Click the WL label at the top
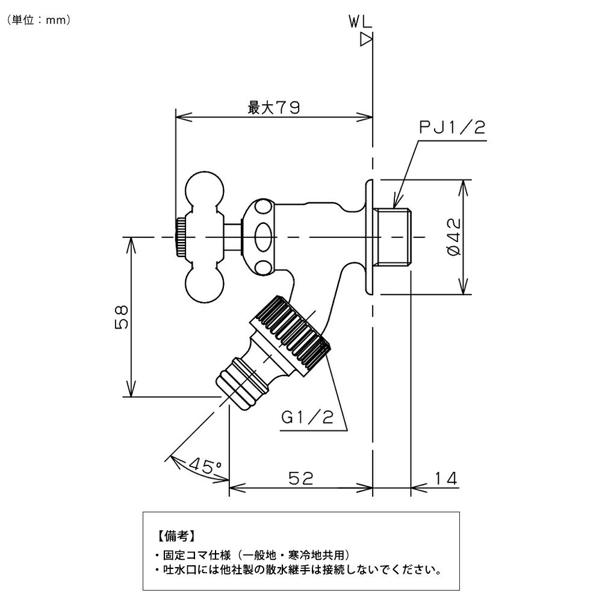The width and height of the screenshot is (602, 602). pos(359,23)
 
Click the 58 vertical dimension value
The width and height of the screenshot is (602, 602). pos(121,317)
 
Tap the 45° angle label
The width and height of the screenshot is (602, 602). pos(205,465)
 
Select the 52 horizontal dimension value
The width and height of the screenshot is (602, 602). pos(300,479)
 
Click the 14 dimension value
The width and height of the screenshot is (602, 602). pos(445,479)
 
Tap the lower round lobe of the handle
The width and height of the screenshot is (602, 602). pos(202,285)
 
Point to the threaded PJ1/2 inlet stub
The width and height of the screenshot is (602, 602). pos(393,237)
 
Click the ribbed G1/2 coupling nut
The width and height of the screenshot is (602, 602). pos(290,335)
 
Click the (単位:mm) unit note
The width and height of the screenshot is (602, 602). pos(40,19)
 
